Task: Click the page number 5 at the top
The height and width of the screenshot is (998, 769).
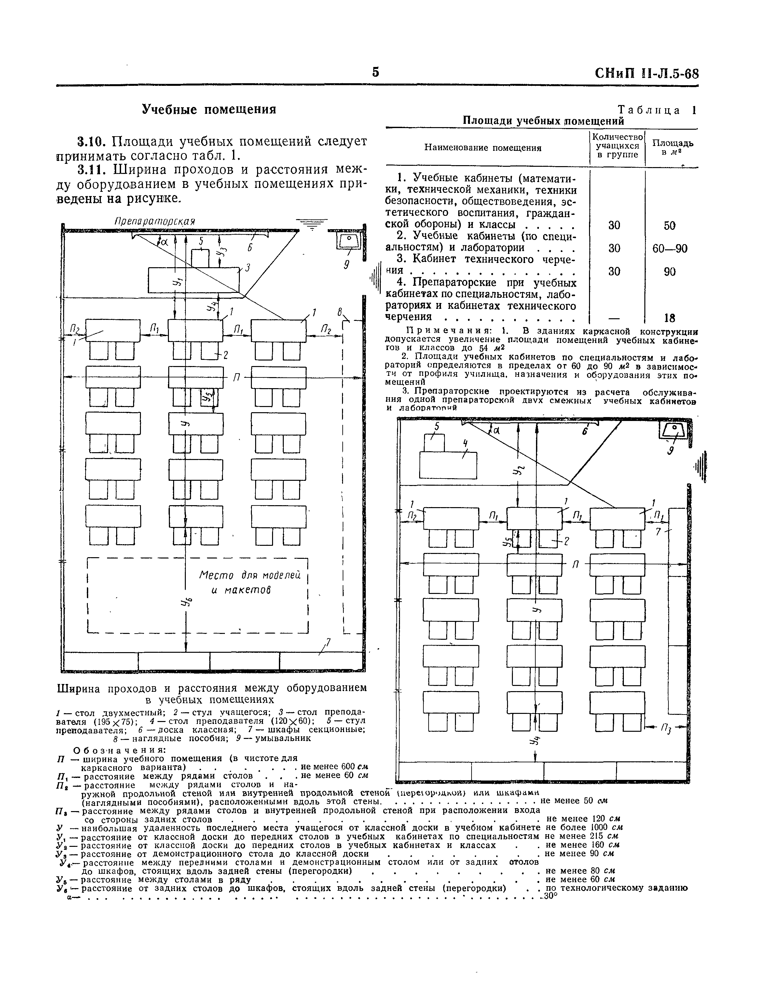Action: (375, 72)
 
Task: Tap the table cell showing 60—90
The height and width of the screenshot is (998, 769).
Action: (669, 249)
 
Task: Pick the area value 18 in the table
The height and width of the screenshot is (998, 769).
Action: (670, 318)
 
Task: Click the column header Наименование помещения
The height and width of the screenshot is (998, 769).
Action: (483, 148)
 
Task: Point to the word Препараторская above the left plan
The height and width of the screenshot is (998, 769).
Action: (155, 221)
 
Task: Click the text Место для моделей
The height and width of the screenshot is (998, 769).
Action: (250, 575)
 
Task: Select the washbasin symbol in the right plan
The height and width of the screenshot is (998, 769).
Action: (673, 430)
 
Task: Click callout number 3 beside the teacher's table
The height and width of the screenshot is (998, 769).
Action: (248, 268)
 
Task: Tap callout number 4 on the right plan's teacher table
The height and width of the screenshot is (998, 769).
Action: (465, 444)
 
